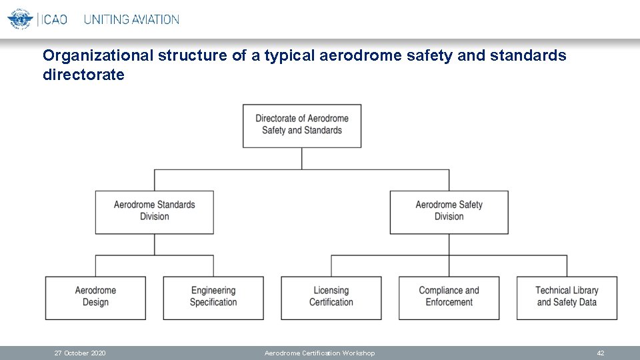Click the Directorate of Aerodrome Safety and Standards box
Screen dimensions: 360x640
coord(301,125)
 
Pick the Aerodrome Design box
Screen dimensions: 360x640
coord(95,297)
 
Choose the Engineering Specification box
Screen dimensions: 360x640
coord(213,297)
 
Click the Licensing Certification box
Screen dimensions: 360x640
coord(331,297)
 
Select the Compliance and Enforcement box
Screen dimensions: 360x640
coord(449,297)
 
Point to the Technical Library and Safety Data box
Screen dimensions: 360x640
coord(567,297)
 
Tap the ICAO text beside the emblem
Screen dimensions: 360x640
coord(54,19)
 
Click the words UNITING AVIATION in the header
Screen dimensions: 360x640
coord(131,19)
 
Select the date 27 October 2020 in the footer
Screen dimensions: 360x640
coord(80,353)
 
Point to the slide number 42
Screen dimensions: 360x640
coord(600,353)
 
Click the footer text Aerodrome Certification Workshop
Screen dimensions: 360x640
coord(319,353)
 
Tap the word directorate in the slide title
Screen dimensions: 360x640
coord(83,75)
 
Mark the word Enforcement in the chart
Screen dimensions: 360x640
coord(449,303)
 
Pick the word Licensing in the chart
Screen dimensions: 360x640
coord(331,291)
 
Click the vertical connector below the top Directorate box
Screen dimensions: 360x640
coord(302,158)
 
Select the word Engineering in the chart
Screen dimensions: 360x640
coord(213,291)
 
